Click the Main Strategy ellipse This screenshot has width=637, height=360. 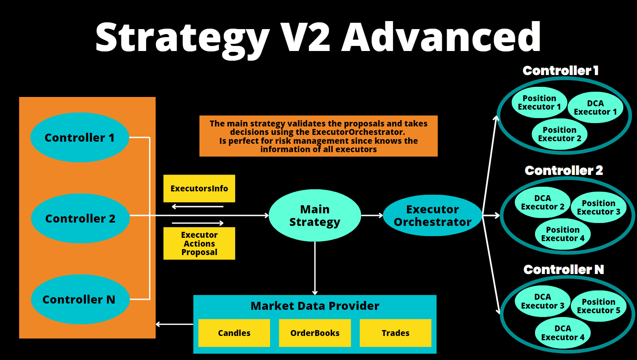click(315, 215)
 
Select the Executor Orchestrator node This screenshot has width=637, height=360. click(433, 215)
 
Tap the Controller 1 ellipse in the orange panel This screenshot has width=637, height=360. click(80, 137)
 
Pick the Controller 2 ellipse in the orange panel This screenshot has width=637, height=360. click(80, 218)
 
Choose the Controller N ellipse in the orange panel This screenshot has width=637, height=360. click(80, 299)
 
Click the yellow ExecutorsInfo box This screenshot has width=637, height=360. click(199, 188)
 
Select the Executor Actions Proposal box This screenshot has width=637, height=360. click(199, 243)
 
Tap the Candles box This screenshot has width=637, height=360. click(234, 333)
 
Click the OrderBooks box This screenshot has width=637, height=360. click(315, 333)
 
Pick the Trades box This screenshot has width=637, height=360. click(396, 333)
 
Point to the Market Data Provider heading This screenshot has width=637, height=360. click(315, 306)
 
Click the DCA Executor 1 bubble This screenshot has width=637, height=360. click(595, 107)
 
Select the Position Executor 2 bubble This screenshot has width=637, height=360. click(559, 134)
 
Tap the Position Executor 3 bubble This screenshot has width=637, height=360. click(599, 207)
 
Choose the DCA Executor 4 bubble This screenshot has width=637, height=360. click(563, 333)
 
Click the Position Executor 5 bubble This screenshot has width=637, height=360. click(599, 306)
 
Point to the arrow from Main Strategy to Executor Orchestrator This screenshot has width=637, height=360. click(372, 215)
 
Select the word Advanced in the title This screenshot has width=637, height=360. click(441, 37)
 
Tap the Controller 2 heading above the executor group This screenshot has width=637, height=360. click(564, 170)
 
